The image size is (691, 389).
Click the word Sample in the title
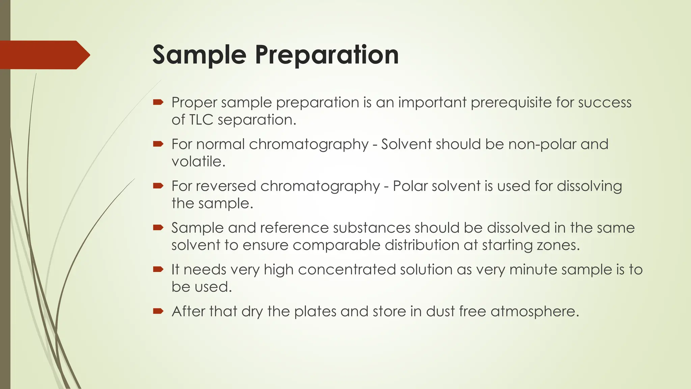199,55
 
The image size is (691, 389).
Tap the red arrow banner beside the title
44,55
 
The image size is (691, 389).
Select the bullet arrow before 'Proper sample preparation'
158,102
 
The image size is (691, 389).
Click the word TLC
201,120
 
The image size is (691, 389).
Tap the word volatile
198,161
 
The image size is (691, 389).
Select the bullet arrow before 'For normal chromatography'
158,144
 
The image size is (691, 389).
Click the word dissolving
589,186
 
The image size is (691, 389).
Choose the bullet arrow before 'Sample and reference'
158,228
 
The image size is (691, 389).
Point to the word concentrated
347,270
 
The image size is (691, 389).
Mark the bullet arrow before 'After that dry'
158,311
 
